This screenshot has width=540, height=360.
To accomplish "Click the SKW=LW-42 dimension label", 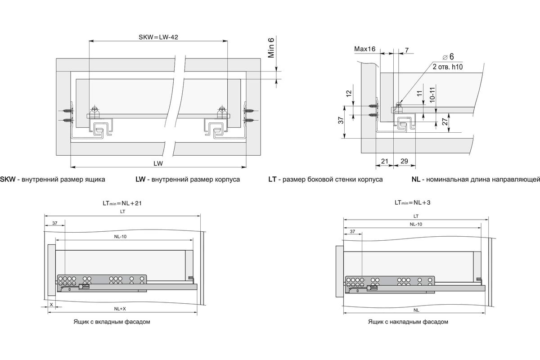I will tap(158, 37).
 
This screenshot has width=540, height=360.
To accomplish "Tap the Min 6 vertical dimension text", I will tap(271, 48).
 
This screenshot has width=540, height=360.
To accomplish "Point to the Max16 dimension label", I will tap(365, 49).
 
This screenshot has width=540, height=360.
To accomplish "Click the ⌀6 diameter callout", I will tap(447, 57).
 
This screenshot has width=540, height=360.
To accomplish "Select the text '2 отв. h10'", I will tap(448, 66).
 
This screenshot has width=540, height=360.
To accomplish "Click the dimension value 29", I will tap(404, 161).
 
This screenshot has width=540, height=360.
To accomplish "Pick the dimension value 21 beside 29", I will tap(385, 161).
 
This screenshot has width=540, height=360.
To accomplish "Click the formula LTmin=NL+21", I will tap(122, 203).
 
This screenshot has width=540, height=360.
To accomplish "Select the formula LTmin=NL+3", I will tap(413, 203).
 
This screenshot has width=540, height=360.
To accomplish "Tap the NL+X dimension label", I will tap(120, 309).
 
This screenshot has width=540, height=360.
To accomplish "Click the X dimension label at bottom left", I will tap(51, 305).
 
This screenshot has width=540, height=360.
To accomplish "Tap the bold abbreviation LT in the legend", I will tap(272, 180).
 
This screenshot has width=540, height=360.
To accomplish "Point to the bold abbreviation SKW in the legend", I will tap(8, 180).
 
